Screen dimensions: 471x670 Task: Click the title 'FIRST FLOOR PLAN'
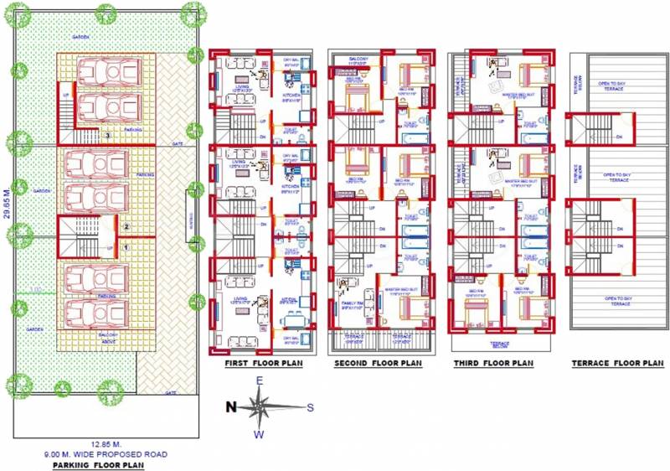tap(262, 364)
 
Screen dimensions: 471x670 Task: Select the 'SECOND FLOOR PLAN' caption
tap(378, 364)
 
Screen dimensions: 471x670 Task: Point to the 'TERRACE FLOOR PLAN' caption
tap(617, 364)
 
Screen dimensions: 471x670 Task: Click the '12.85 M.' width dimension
tap(106, 444)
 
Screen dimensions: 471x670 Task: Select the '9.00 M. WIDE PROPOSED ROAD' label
tap(106, 453)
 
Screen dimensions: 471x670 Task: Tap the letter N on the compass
tap(230, 407)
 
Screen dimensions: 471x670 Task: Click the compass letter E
tap(260, 381)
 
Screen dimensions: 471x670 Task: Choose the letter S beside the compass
tap(309, 408)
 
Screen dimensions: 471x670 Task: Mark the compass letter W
tap(259, 434)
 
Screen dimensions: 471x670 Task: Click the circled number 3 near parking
tap(106, 134)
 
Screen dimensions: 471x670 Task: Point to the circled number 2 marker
tap(126, 226)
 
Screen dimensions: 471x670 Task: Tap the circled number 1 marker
tap(126, 246)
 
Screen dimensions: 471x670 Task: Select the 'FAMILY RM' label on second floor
tap(351, 303)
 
